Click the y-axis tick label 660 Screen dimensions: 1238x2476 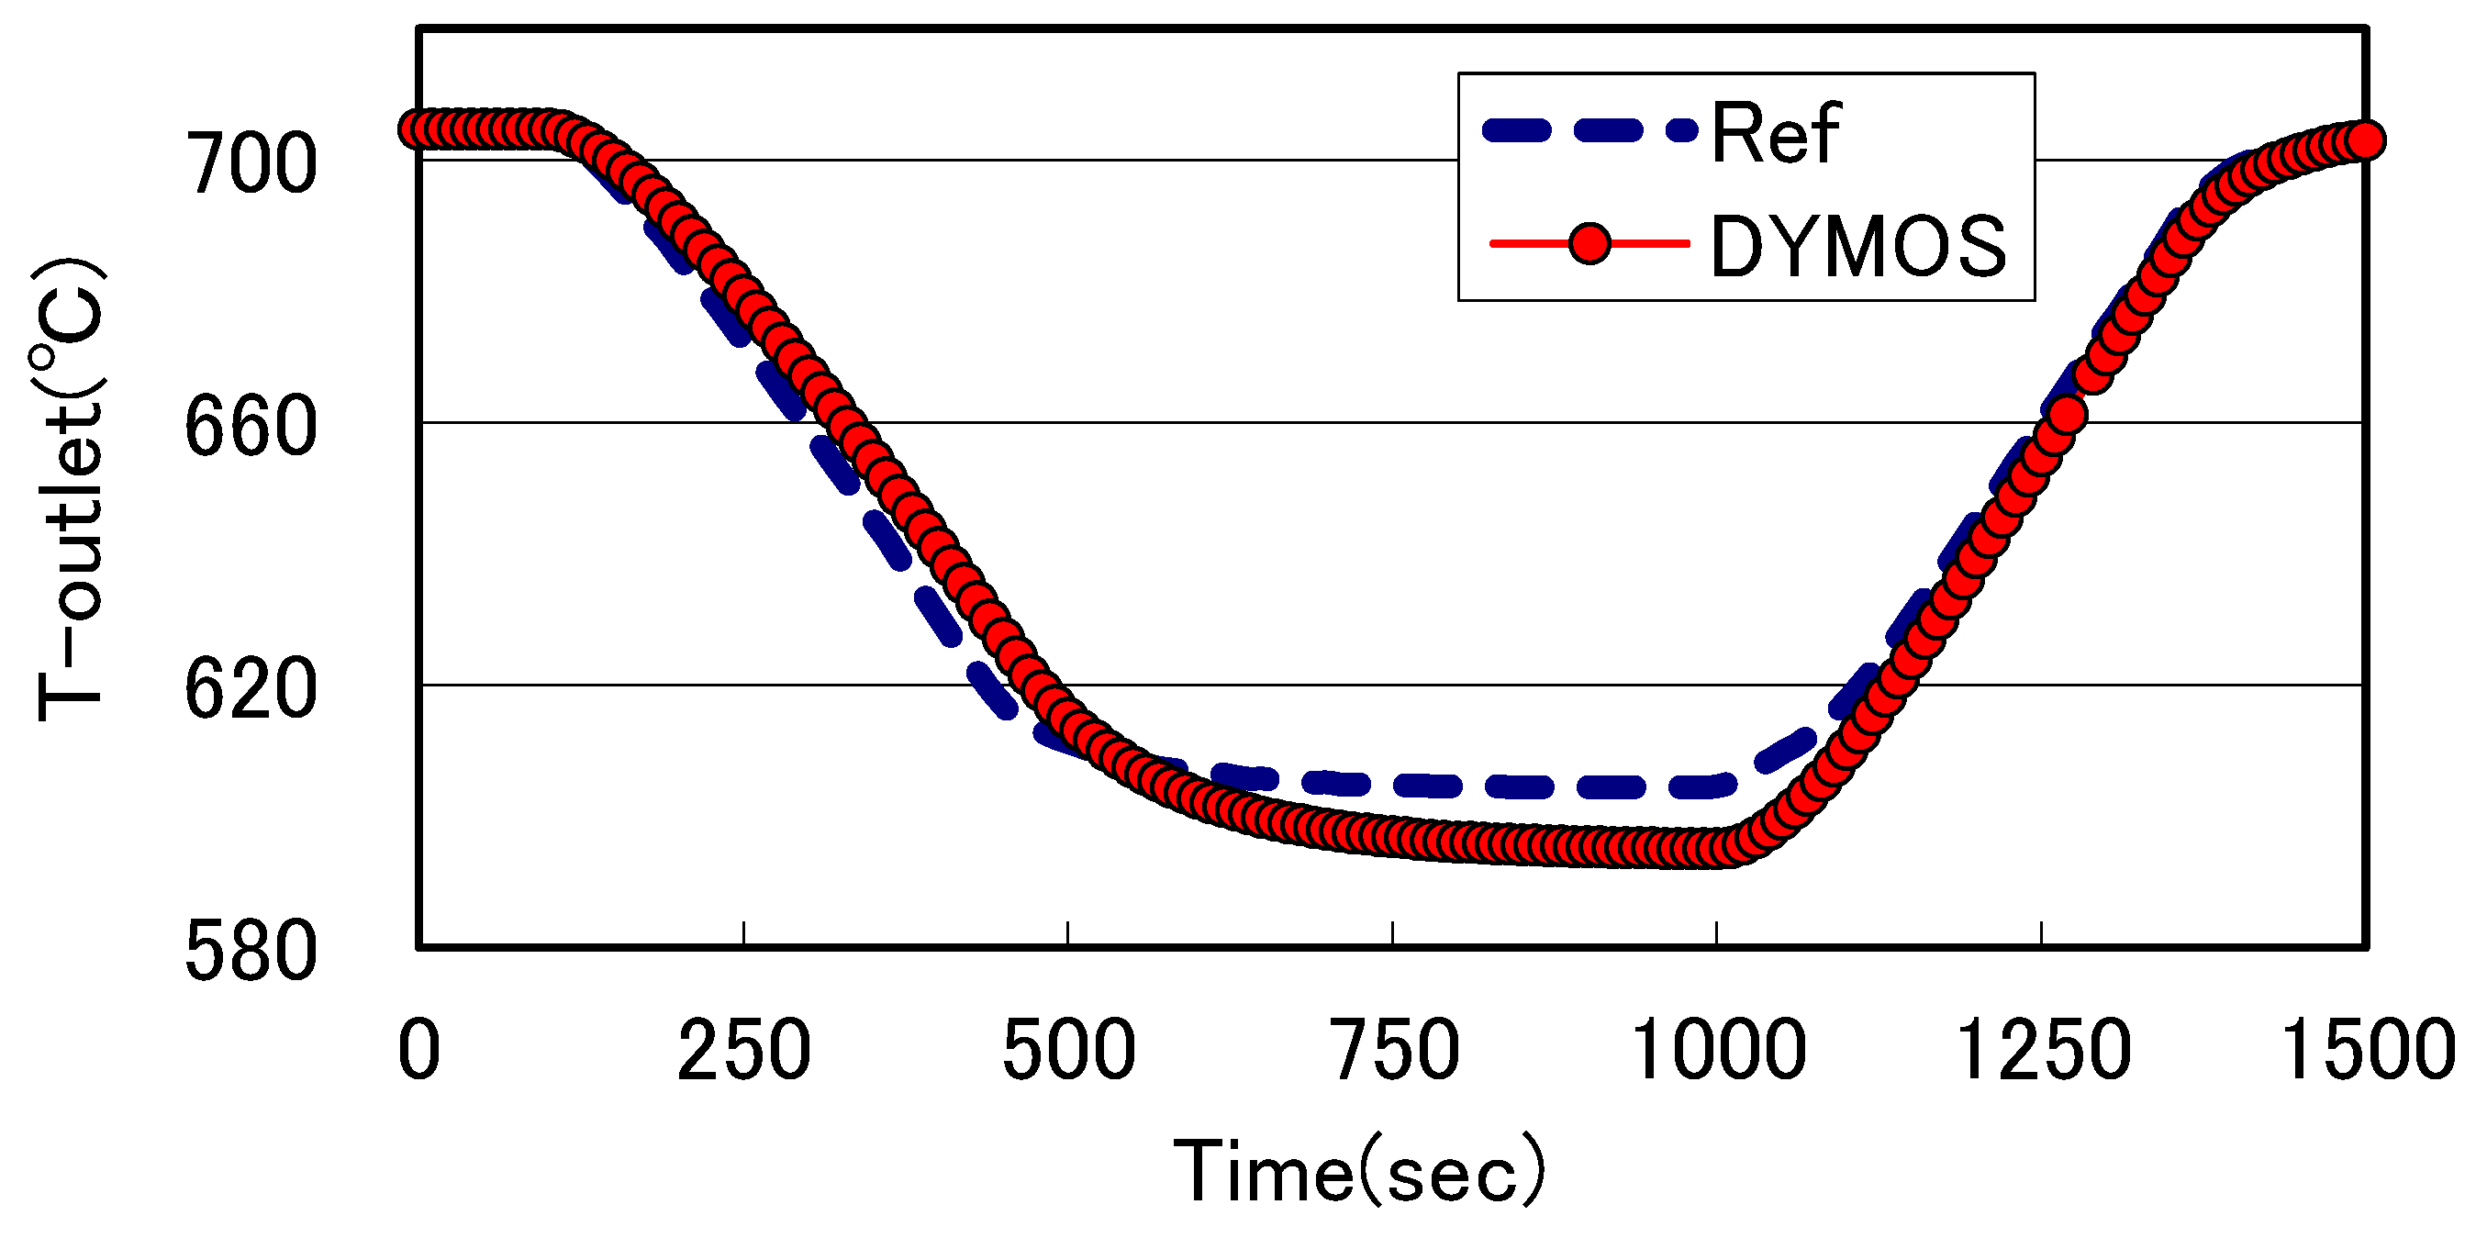point(250,427)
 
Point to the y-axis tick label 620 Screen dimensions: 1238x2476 point(250,689)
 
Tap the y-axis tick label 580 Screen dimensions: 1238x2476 point(250,952)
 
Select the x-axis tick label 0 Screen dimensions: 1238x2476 point(419,1051)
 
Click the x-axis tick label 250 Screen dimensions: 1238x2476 point(744,1051)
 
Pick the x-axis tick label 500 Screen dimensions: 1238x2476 point(1069,1051)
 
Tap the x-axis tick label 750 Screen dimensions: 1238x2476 point(1394,1051)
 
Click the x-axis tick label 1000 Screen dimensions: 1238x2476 point(1719,1051)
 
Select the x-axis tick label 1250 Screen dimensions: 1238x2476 point(2044,1051)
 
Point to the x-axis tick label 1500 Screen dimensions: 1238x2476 point(2367,1051)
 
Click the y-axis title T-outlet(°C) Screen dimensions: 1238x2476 point(69,490)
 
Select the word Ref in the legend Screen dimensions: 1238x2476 point(1774,134)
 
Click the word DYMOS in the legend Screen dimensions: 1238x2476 point(1857,247)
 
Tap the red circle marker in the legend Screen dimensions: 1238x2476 point(1589,244)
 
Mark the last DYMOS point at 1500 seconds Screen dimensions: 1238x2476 point(2366,140)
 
